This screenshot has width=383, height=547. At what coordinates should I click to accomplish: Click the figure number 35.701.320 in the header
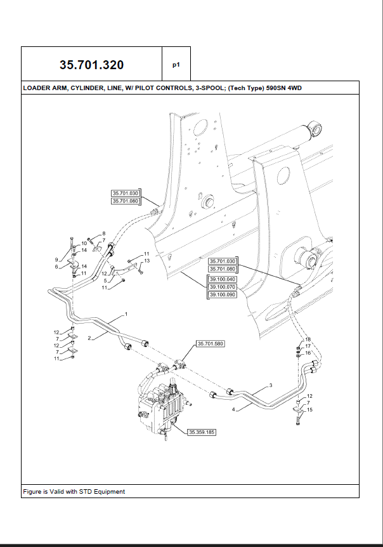coord(92,65)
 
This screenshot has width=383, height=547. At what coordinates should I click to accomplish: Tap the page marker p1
coord(176,65)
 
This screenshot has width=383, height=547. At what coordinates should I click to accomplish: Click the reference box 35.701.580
coord(211,343)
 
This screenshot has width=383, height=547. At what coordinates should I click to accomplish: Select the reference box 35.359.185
coord(202,432)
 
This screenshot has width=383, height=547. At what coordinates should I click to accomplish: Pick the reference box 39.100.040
coord(223,279)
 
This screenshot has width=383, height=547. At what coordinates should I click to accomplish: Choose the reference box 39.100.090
coord(223,295)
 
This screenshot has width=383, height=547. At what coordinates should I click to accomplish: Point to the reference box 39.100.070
coord(223,287)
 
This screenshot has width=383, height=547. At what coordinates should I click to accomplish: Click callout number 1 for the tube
coord(126,314)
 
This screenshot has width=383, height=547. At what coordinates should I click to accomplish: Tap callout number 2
coord(89,338)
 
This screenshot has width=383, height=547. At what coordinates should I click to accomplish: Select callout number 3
coord(270,385)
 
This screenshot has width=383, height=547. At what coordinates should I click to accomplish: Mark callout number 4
coord(233,409)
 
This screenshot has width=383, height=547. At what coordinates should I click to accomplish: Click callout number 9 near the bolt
coord(56,260)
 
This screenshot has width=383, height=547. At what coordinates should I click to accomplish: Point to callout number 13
coord(146,261)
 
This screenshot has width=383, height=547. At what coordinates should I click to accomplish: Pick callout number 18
coord(308,339)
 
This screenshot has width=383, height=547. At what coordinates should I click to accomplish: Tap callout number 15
coord(310,409)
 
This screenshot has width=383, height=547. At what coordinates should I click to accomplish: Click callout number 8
coord(104,234)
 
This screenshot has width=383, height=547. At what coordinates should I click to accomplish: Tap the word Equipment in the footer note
coord(110,492)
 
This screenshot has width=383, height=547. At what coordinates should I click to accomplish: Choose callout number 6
coord(56,267)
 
